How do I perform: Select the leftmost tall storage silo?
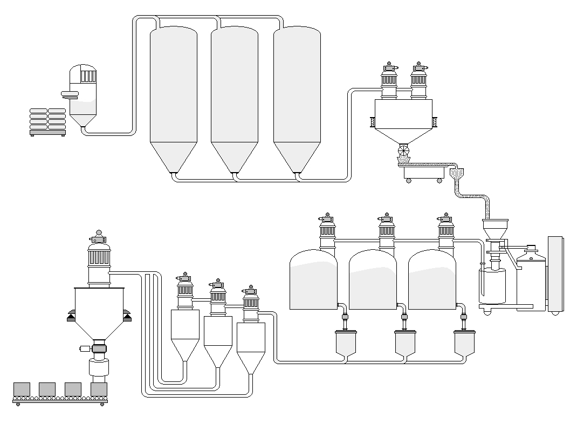click(x=173, y=97)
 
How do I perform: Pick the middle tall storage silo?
click(x=234, y=97)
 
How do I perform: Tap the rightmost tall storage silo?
click(x=297, y=97)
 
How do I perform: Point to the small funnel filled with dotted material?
click(x=456, y=174)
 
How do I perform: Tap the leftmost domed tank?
click(x=313, y=281)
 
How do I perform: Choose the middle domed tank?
click(x=373, y=281)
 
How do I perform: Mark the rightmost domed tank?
click(x=432, y=281)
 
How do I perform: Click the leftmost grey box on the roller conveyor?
click(x=22, y=389)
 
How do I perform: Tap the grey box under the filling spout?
click(x=99, y=389)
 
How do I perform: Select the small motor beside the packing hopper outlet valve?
click(x=85, y=348)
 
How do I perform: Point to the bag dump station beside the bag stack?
click(x=83, y=97)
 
